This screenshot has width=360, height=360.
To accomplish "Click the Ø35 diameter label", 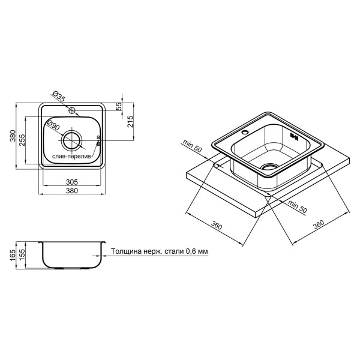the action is click(59, 95).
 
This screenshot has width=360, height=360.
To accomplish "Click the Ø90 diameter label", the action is click(53, 125).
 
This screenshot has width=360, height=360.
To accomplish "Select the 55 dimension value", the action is click(119, 106).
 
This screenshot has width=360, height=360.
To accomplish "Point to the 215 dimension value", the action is click(130, 122).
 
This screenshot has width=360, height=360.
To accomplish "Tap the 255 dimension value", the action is click(22, 140).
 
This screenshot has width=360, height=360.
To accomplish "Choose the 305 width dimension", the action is click(72, 182).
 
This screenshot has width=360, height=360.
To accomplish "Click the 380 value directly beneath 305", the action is click(72, 191).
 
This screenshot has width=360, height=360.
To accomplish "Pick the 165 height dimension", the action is click(13, 256).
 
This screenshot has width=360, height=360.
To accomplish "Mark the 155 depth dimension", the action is click(22, 256).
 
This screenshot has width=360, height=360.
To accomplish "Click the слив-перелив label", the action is click(71, 157).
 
